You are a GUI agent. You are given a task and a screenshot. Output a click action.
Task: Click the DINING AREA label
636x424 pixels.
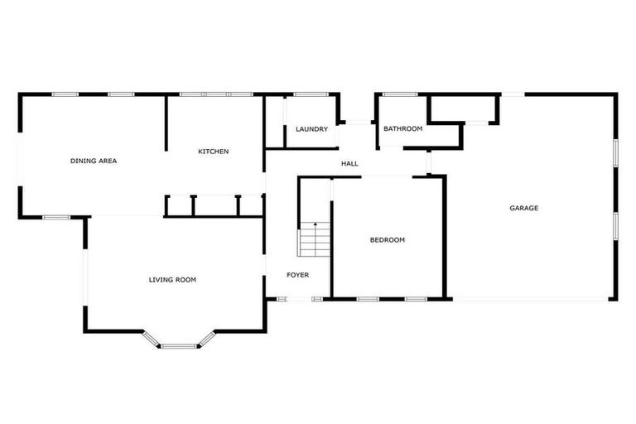pyautogui.click(x=93, y=161)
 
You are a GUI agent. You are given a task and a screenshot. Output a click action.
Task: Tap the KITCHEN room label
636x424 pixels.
pyautogui.click(x=213, y=152)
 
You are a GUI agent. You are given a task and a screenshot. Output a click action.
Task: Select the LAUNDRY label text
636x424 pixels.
pyautogui.click(x=312, y=129)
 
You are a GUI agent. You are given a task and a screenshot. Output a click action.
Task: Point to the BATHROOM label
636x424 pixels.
pyautogui.click(x=402, y=128)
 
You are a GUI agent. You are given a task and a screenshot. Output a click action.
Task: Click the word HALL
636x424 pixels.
pyautogui.click(x=349, y=164)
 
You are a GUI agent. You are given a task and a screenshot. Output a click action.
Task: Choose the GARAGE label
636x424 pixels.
pyautogui.click(x=523, y=208)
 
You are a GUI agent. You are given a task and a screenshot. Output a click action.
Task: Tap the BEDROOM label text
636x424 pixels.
pyautogui.click(x=387, y=240)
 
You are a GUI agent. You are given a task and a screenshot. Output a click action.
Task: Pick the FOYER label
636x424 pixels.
pyautogui.click(x=297, y=275)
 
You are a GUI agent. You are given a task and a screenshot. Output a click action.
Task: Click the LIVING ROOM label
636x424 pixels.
pyautogui.click(x=172, y=280)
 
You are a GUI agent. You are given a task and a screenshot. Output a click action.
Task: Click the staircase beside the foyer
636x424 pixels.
pyautogui.click(x=315, y=240)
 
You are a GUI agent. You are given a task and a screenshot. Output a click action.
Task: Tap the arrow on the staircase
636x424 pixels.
pyautogui.click(x=315, y=225)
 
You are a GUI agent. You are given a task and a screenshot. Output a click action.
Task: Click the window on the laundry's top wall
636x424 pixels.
pyautogui.click(x=310, y=94)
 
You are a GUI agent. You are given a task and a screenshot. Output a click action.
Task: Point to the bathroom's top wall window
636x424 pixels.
pyautogui.click(x=399, y=94)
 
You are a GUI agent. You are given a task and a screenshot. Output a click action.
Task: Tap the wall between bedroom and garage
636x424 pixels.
pyautogui.click(x=445, y=236)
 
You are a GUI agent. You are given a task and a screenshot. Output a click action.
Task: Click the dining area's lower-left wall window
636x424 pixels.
pyautogui.click(x=56, y=217)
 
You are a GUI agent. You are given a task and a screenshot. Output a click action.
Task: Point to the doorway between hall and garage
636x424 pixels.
pyautogui.click(x=430, y=162)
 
